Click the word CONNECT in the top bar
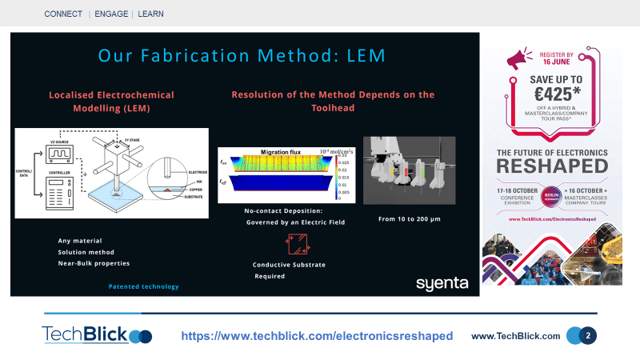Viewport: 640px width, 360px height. click(x=63, y=14)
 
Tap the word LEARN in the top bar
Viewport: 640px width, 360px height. click(x=152, y=14)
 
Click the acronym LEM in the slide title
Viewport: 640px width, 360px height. click(x=362, y=56)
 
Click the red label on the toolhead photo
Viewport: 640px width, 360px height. click(x=406, y=170)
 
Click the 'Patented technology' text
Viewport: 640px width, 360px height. click(x=144, y=286)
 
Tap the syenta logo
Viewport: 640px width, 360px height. click(x=442, y=283)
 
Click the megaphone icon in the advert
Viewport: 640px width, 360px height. click(x=518, y=58)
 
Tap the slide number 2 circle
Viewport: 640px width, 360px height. click(x=588, y=336)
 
